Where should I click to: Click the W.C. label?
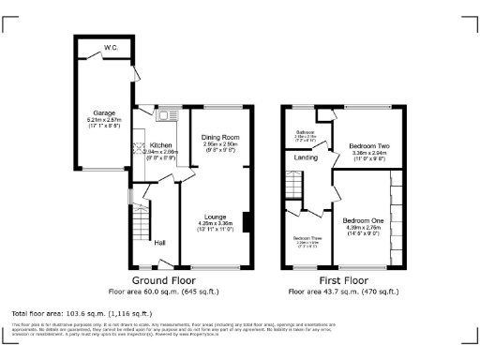pyautogui.click(x=111, y=47)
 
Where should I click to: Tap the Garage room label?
pyautogui.click(x=104, y=112)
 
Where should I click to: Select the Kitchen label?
pyautogui.click(x=160, y=145)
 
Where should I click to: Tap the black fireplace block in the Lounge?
pyautogui.click(x=246, y=222)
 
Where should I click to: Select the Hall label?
pyautogui.click(x=160, y=244)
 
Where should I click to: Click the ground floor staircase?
pyautogui.click(x=138, y=225)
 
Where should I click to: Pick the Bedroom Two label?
pyautogui.click(x=368, y=146)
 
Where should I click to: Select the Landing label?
pyautogui.click(x=307, y=158)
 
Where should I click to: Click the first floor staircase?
pyautogui.click(x=293, y=188)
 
